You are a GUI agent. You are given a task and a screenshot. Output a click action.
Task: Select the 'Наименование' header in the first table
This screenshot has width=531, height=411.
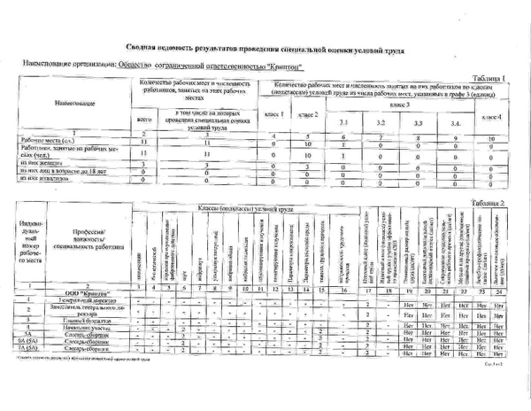click(67, 103)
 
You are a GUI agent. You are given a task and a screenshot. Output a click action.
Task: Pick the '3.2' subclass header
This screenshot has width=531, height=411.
click(379, 122)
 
